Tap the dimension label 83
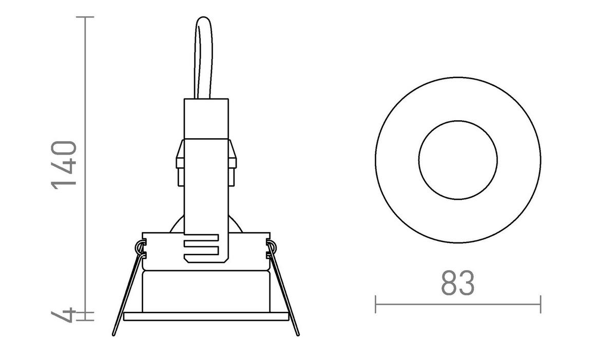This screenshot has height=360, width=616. pos(457,282)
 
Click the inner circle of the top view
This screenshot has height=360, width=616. pos(457,160)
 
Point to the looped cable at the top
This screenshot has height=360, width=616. pos(204,56)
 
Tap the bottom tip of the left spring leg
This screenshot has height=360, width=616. pos(114,334)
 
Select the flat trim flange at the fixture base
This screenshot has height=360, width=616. pos(205,316)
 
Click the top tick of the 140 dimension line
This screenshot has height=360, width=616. pos(85,17)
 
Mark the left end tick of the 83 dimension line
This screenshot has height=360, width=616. pos(376,304)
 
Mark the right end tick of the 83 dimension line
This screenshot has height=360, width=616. pos(540,304)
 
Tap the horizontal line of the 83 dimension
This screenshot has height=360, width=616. pos(457,304)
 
